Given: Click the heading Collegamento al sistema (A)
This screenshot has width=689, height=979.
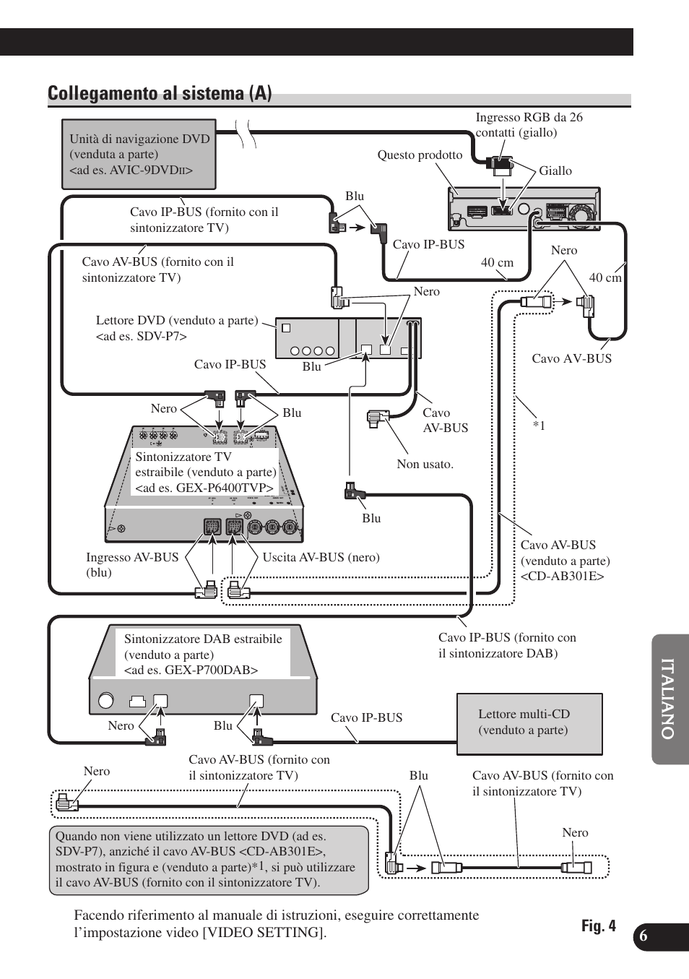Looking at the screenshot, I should [160, 93].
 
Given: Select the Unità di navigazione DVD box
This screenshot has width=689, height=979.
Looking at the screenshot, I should [139, 155].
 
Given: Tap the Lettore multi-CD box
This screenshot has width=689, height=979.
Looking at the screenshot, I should [529, 723].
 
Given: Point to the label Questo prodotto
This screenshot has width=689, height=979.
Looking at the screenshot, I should [420, 155].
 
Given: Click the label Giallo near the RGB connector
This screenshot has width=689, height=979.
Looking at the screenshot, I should [555, 171].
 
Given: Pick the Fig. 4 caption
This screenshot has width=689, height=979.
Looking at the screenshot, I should [598, 926].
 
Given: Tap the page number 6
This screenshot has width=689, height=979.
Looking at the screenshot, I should [643, 936].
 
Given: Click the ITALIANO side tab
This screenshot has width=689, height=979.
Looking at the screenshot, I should [669, 699].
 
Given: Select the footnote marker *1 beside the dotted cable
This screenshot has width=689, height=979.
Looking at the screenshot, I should [539, 426].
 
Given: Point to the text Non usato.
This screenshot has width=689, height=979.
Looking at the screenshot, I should [425, 465].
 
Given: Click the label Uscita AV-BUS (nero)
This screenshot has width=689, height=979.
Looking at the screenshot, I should [321, 557].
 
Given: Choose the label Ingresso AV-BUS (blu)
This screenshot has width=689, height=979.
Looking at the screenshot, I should [131, 565].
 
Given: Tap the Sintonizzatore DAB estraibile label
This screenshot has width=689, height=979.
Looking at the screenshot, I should [202, 655].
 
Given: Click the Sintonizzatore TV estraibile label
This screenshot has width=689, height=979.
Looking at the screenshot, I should [205, 473].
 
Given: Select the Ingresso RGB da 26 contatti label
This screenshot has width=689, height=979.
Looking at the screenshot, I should [529, 125].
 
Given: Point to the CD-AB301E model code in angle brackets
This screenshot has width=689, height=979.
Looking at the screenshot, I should [562, 577].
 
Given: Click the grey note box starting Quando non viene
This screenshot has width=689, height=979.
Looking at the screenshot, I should [208, 860].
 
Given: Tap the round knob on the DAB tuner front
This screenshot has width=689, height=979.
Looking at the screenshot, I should [106, 700].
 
